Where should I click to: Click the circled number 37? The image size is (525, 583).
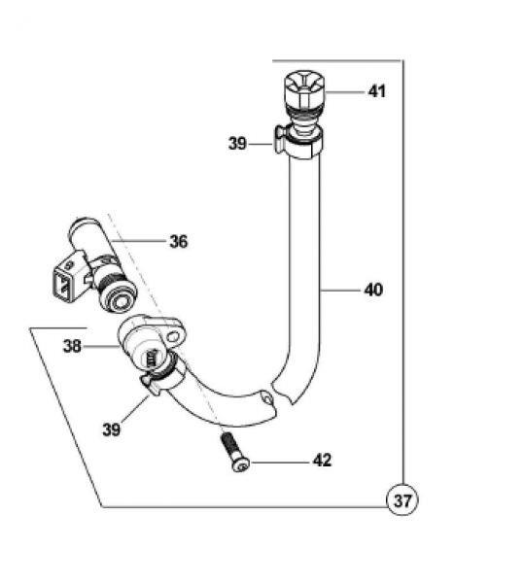coord(402,500)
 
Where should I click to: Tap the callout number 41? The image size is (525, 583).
coord(377,91)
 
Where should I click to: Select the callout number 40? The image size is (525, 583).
coord(373,290)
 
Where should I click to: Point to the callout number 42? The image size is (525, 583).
coord(322,461)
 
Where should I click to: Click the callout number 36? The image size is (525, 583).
coord(179,241)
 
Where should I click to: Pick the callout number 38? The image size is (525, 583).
coord(72,346)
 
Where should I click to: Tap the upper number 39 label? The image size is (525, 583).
coord(237,143)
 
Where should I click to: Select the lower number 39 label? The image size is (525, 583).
coord(111,429)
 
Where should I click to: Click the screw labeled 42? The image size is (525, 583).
coord(235,452)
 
